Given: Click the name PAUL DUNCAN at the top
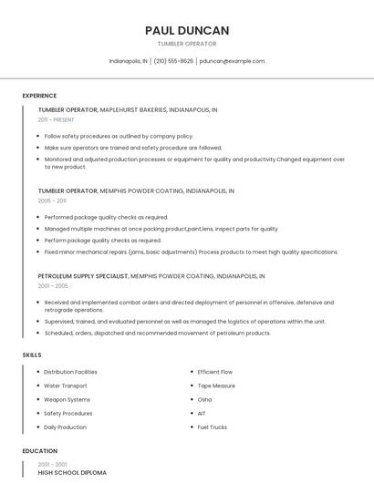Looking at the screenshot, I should click(187, 30).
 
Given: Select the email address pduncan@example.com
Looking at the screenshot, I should click(232, 61).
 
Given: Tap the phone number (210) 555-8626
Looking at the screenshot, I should click(173, 61).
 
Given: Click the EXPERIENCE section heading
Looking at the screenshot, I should click(39, 96).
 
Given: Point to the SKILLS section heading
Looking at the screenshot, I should click(32, 355).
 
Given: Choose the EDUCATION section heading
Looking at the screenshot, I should click(39, 451).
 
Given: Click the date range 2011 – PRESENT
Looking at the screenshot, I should click(56, 119).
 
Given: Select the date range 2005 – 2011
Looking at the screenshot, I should click(52, 200).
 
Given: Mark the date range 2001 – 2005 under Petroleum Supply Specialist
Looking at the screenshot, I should click(53, 285).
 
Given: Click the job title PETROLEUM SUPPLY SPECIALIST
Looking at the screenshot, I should click(82, 275).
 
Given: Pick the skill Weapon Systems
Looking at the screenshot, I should click(67, 399).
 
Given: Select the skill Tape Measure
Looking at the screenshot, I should click(216, 385).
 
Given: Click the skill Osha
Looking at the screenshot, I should click(204, 399).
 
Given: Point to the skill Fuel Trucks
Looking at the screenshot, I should click(213, 426).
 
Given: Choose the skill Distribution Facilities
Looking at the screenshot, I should click(70, 372).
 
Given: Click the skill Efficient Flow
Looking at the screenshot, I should click(215, 372).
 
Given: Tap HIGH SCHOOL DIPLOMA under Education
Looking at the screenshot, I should click(72, 473).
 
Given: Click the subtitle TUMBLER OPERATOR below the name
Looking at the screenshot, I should click(187, 44).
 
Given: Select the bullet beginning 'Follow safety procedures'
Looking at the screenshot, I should click(119, 136).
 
